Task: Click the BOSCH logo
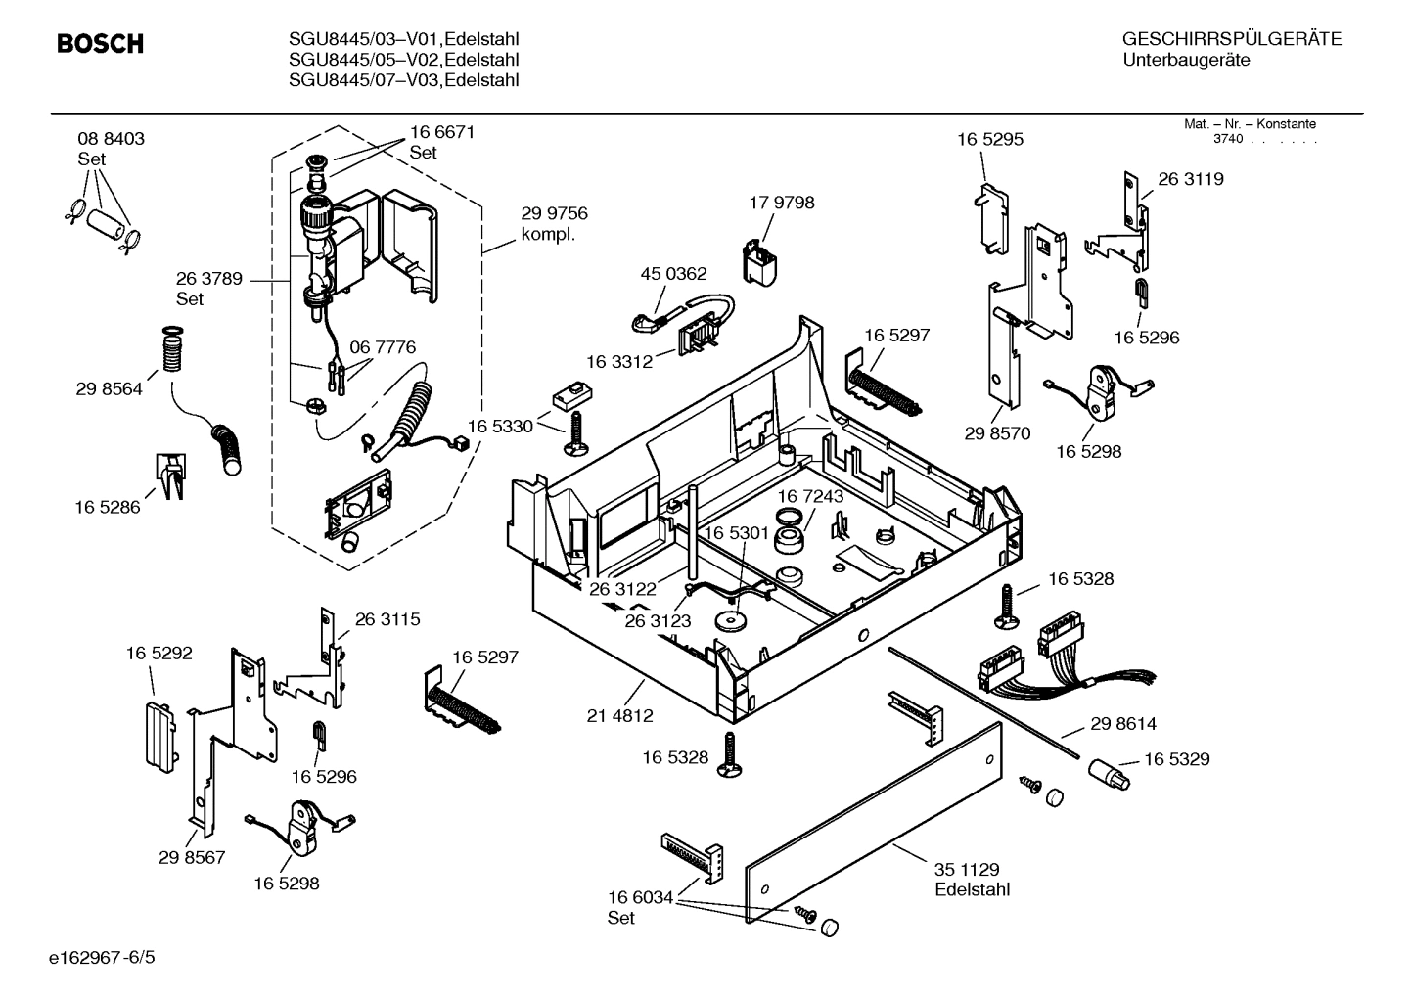[x=100, y=44]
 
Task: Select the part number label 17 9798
[x=781, y=204]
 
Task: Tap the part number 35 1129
[x=967, y=869]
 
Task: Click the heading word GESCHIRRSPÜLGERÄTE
[x=1231, y=39]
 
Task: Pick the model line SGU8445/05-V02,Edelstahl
[x=403, y=60]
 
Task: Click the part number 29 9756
[x=554, y=214]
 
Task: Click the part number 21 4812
[x=619, y=716]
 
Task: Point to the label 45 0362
[x=673, y=275]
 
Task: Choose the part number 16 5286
[x=108, y=507]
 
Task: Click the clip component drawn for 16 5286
[x=169, y=475]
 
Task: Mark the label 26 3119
[x=1190, y=180]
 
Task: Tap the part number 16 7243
[x=810, y=497]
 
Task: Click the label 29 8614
[x=1122, y=724]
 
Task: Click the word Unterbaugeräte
[x=1186, y=61]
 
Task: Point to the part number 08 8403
[x=111, y=139]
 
